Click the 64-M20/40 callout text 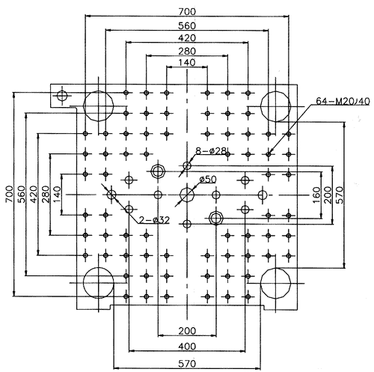point(343,101)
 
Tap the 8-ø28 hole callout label point(211,150)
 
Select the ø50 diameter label point(208,179)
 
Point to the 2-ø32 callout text point(154,220)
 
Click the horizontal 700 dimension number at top point(187,11)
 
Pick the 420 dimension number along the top point(187,38)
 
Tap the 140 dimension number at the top point(187,62)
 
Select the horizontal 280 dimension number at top point(187,51)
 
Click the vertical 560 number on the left point(22,195)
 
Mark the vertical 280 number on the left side point(46,195)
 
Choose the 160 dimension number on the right point(316,195)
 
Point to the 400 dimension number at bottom point(187,347)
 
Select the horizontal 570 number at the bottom point(187,364)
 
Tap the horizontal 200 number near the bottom point(187,331)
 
